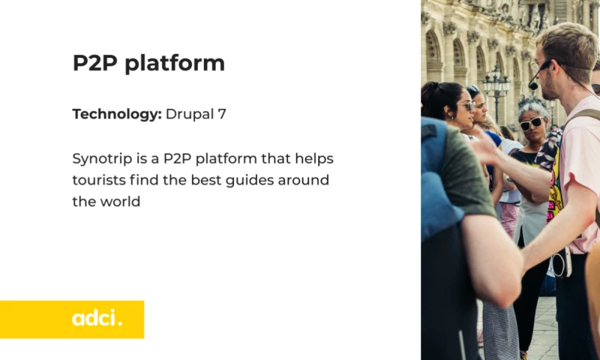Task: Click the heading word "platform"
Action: [x=175, y=64]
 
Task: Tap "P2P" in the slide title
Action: [x=95, y=63]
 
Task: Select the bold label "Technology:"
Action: [x=116, y=114]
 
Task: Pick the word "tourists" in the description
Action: [x=98, y=180]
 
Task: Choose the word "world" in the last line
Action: [x=120, y=201]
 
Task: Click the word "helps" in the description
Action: [x=315, y=159]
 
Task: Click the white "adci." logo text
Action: [x=97, y=319]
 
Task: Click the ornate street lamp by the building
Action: [x=496, y=86]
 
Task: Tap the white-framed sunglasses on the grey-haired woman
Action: [x=532, y=123]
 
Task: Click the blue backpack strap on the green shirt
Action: [x=436, y=180]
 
